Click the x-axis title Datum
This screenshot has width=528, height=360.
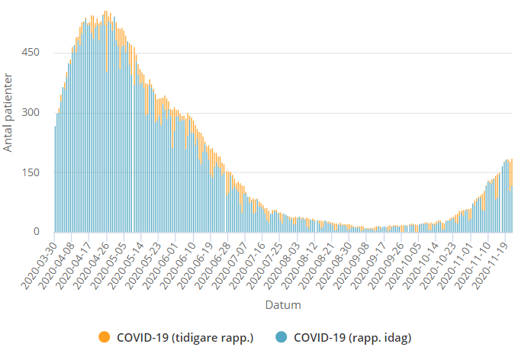click(282, 305)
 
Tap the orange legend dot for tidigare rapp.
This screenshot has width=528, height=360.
click(105, 336)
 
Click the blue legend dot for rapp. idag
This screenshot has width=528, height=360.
click(282, 336)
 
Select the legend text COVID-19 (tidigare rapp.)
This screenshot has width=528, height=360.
click(185, 336)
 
